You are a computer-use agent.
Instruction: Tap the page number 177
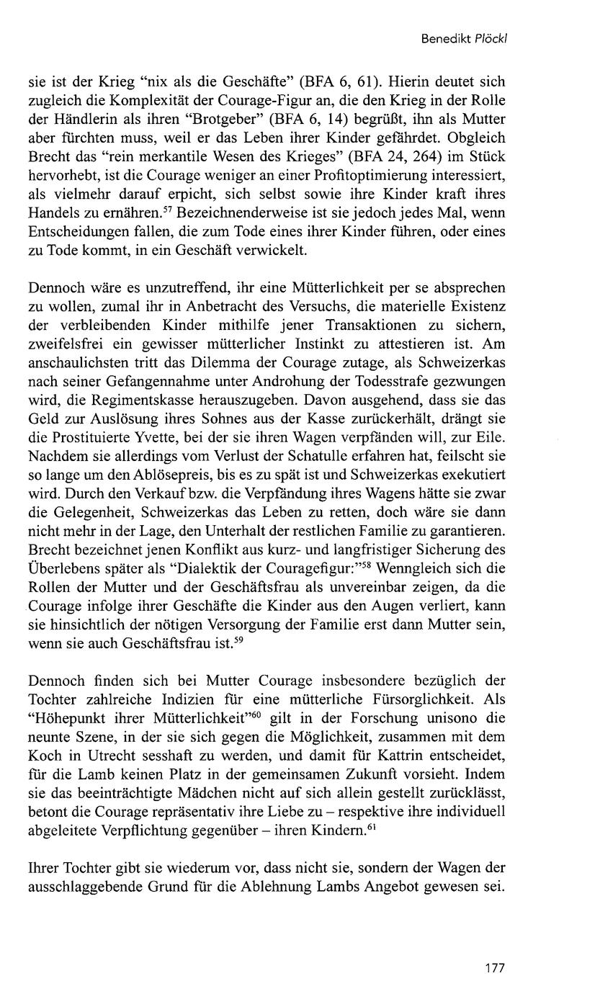(495, 967)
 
